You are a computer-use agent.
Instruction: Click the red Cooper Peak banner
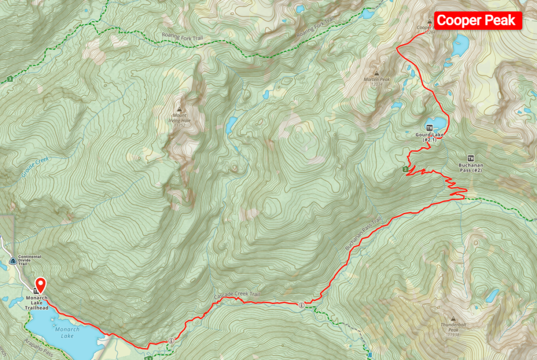click(478, 20)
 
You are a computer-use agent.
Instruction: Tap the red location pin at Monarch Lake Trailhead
click(40, 285)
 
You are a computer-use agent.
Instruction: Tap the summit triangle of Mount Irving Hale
click(179, 108)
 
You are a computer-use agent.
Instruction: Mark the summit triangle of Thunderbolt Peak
click(453, 318)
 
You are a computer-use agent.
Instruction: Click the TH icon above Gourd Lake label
click(429, 128)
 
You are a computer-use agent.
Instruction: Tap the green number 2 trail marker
click(405, 169)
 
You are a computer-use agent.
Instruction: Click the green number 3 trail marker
click(10, 80)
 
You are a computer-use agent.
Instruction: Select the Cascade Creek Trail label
click(237, 296)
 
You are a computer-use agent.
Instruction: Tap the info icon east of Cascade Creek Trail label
click(301, 305)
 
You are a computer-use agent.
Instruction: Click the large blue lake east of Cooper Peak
click(461, 46)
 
